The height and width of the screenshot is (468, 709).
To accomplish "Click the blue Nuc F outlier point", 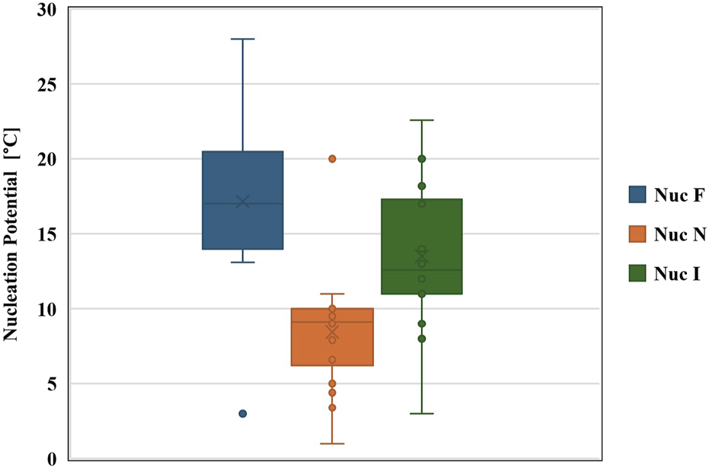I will point(243,414).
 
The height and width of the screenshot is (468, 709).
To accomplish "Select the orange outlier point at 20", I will point(332,159).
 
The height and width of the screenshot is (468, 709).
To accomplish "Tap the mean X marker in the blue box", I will point(243,202).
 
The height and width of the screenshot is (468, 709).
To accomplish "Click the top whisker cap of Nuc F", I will point(243,39).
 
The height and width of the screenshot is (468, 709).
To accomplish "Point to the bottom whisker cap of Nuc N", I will point(332,444).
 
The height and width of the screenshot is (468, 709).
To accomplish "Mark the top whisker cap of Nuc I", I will point(421,120).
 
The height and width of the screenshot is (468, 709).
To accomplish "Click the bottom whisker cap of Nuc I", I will point(421,413).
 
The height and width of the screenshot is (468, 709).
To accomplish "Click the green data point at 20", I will point(421,159).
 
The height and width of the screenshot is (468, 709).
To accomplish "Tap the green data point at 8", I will point(421,339).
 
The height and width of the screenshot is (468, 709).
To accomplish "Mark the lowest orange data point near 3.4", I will point(332,408).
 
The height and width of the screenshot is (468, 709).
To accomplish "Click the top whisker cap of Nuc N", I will point(332,294).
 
